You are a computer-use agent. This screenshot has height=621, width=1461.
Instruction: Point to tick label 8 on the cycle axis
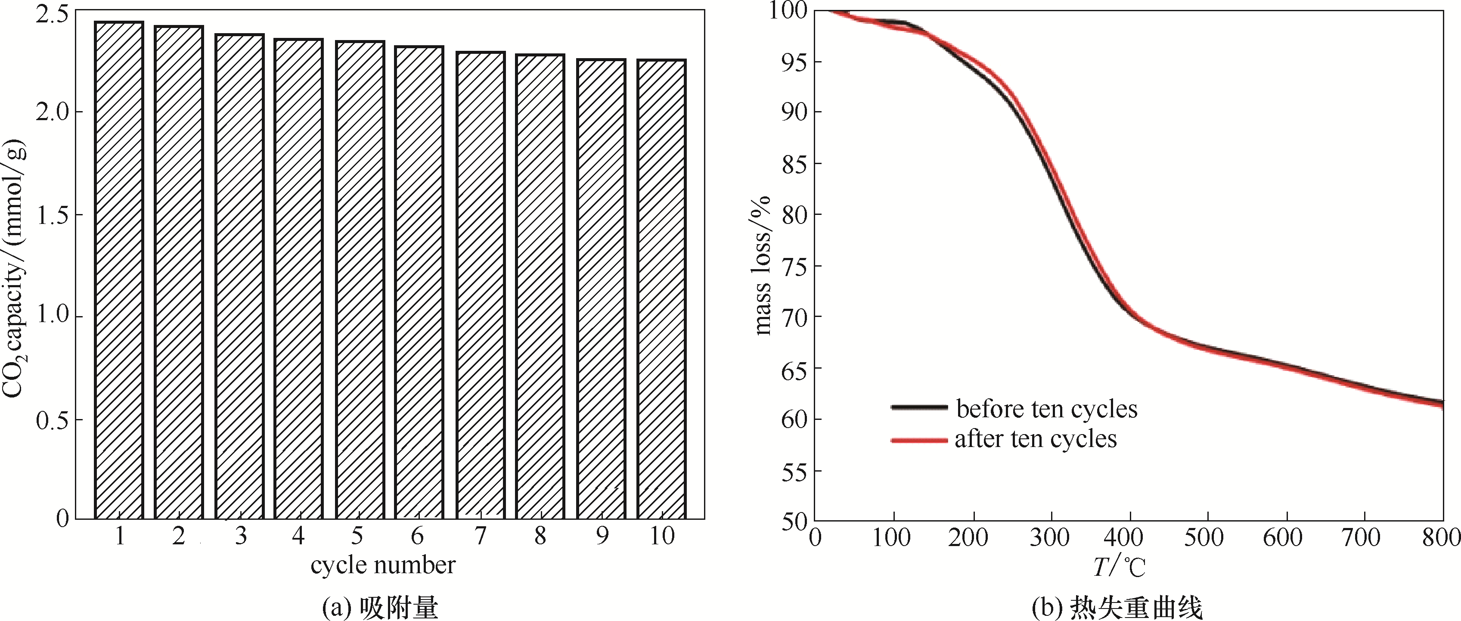click(540, 536)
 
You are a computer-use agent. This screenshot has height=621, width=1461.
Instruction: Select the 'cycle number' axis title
click(383, 565)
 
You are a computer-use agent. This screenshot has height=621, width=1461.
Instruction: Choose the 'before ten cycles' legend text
click(1047, 409)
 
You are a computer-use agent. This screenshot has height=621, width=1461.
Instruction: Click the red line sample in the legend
click(919, 440)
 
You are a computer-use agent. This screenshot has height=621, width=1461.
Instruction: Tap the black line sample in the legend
click(919, 407)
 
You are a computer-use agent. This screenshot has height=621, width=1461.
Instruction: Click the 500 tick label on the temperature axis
click(1207, 537)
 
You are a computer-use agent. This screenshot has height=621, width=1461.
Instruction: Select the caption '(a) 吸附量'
click(380, 609)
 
